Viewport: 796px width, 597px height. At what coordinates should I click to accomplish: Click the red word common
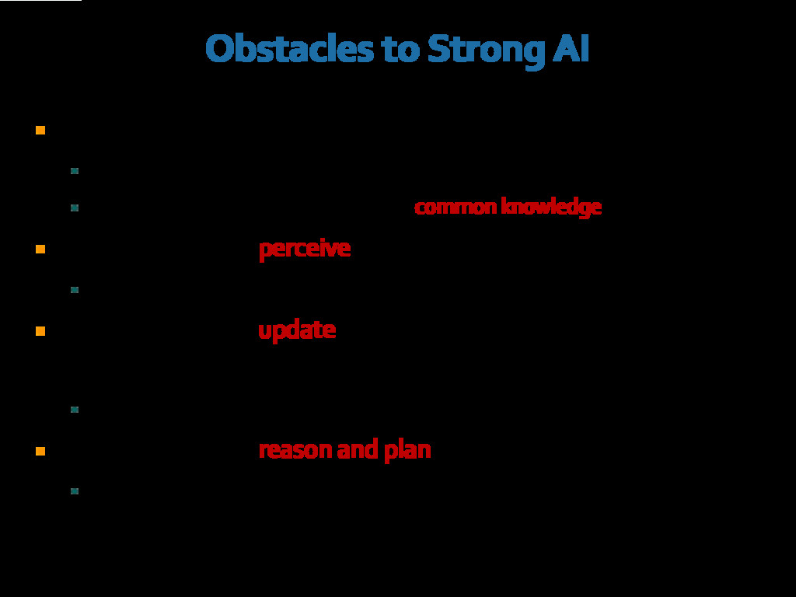tap(454, 207)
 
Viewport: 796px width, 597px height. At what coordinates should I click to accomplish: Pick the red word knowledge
tap(550, 207)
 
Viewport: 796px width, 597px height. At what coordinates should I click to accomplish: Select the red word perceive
tap(304, 249)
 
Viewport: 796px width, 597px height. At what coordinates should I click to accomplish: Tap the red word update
tap(296, 330)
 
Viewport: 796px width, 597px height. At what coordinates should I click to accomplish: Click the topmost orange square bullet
tap(40, 130)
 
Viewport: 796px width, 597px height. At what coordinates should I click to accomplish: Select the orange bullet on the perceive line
tap(40, 249)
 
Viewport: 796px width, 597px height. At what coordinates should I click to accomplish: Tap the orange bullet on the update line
tap(40, 330)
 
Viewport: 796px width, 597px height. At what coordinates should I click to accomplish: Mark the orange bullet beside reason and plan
tap(40, 450)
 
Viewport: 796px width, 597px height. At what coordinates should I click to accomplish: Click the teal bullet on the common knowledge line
tap(75, 208)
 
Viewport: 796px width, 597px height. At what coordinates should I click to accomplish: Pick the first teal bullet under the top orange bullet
tap(75, 170)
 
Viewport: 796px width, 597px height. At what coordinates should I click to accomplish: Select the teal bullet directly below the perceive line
tap(75, 290)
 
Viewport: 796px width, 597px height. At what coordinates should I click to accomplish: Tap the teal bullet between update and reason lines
tap(75, 409)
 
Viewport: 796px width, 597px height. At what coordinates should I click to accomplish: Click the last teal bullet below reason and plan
tap(75, 491)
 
